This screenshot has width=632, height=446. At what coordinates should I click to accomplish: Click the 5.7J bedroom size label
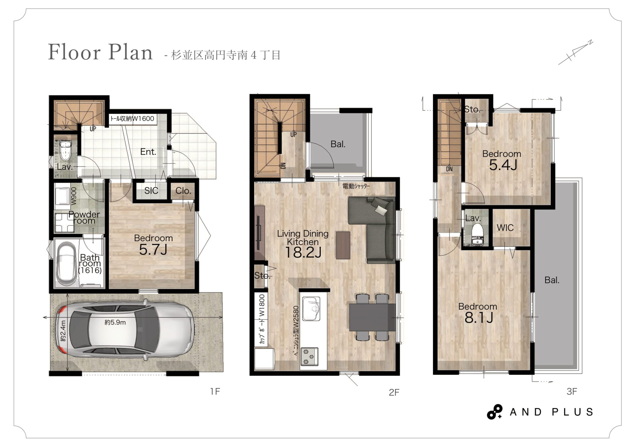click(153, 250)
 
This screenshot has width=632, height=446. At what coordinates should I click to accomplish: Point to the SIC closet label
click(151, 191)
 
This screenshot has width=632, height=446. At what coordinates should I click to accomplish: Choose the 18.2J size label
click(303, 252)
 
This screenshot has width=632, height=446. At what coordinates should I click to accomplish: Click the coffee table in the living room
click(343, 245)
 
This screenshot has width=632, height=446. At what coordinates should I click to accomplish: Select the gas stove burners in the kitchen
click(309, 356)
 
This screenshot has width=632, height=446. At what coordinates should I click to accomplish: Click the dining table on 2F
click(372, 317)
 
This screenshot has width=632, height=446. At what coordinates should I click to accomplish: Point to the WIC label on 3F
click(505, 227)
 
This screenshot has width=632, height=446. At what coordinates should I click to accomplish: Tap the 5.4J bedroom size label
click(503, 165)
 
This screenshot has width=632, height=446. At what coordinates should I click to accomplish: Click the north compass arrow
click(576, 52)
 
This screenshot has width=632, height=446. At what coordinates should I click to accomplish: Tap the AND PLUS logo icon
click(494, 412)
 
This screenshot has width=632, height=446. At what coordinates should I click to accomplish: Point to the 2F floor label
click(394, 392)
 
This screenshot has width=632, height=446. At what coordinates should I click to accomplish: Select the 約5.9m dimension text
click(115, 323)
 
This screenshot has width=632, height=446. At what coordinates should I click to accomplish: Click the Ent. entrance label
click(148, 152)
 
